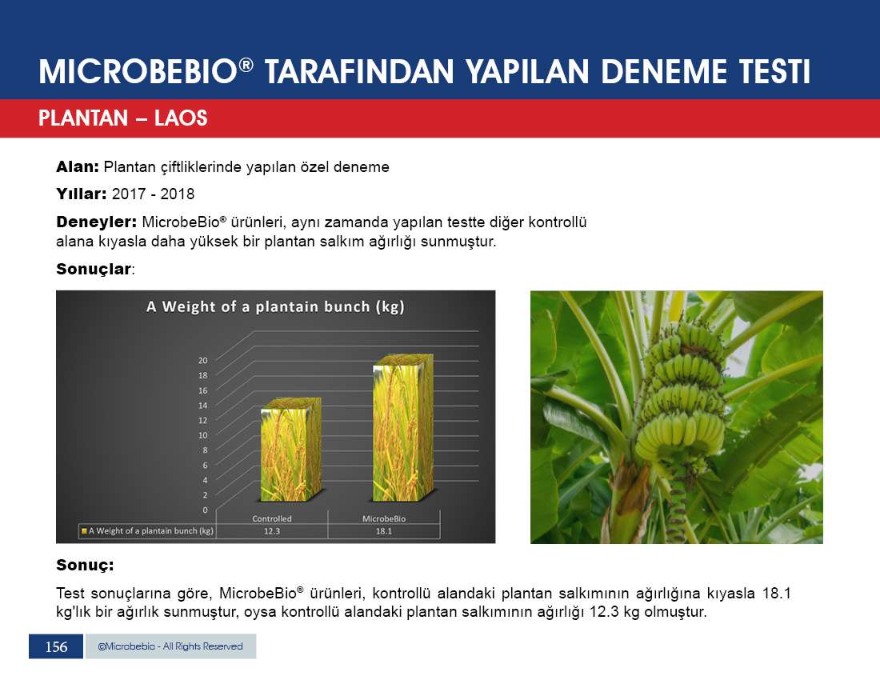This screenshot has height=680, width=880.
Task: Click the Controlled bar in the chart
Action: tap(290, 450)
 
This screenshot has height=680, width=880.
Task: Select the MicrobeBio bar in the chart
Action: tap(403, 428)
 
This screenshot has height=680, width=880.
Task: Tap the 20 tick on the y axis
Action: tap(202, 360)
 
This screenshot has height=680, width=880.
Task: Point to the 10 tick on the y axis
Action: tap(202, 435)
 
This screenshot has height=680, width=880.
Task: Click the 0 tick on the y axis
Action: tap(205, 510)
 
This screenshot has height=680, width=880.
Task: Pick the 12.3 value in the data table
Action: tap(272, 530)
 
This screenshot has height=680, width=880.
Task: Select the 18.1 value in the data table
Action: tap(384, 530)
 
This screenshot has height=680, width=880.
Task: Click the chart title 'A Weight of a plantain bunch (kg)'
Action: tap(275, 307)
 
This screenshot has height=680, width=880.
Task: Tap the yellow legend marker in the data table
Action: tap(84, 530)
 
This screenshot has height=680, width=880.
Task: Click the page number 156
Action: tap(56, 647)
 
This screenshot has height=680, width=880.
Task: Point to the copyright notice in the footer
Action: tap(170, 646)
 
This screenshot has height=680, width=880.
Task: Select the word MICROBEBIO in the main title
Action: tap(138, 72)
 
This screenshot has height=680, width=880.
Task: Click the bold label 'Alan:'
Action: tap(78, 166)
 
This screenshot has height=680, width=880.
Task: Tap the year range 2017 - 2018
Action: tap(154, 194)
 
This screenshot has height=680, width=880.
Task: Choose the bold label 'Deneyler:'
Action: tap(97, 222)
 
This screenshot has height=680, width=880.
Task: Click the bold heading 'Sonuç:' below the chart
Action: tap(85, 565)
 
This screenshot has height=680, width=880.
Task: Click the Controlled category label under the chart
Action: tap(272, 519)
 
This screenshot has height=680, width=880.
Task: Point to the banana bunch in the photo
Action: tap(681, 393)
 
